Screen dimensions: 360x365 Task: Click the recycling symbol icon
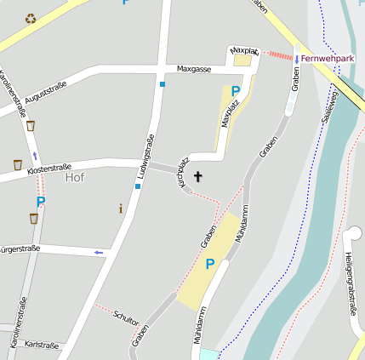click(31, 18)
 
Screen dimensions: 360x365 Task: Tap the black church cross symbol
click(199, 177)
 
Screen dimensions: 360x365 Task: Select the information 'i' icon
click(121, 208)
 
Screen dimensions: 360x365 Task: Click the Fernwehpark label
click(328, 59)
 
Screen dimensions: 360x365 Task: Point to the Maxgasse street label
click(193, 69)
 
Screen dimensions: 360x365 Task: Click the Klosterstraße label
click(49, 169)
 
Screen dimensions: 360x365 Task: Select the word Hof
click(75, 178)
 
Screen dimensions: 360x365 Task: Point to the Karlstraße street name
click(42, 346)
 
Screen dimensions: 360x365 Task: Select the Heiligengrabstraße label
click(351, 283)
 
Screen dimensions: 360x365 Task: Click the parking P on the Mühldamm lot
click(209, 264)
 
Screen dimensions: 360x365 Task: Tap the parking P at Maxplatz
click(236, 91)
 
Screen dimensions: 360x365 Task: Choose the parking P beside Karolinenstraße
click(40, 202)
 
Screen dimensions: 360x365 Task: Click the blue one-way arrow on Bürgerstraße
click(100, 252)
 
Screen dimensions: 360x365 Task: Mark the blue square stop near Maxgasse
click(162, 83)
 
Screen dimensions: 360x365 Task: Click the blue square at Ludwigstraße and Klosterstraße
click(137, 186)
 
